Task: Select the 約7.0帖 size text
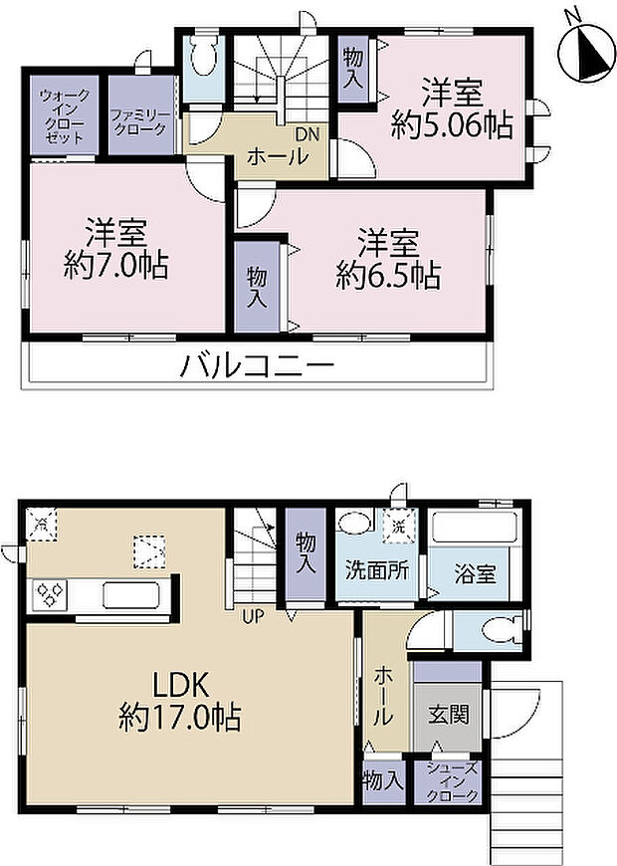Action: pyautogui.click(x=115, y=265)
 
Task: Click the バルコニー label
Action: pyautogui.click(x=256, y=365)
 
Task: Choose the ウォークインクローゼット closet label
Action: pyautogui.click(x=64, y=115)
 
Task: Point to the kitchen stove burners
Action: pyautogui.click(x=50, y=595)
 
